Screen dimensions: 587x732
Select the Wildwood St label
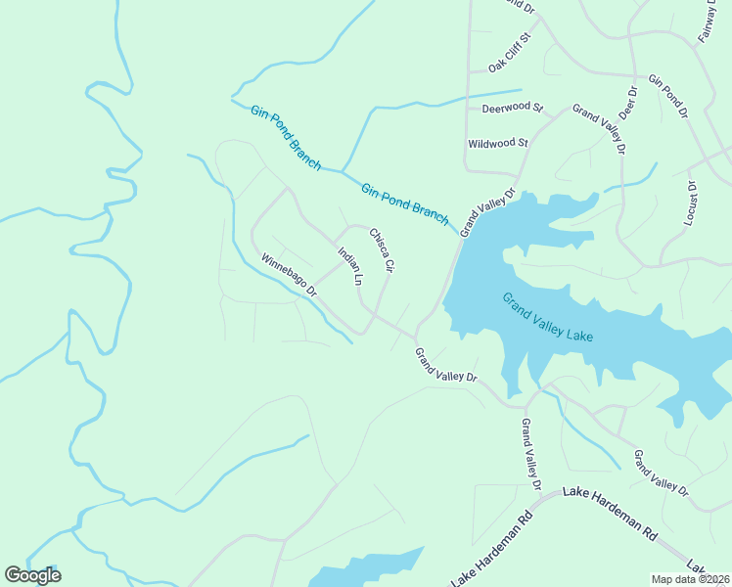tap(497, 143)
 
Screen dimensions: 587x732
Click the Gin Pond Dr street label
tap(668, 96)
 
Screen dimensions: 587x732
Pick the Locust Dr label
tap(691, 203)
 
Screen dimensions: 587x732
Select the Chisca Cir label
tap(381, 249)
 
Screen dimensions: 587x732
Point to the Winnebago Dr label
tap(289, 276)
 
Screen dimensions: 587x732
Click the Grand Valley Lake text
tap(548, 317)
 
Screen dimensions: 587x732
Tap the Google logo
tap(32, 575)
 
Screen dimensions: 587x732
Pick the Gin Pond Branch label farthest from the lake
tap(286, 138)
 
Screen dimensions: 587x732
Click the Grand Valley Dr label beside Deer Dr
tap(599, 128)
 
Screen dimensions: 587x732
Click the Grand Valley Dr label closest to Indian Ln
tap(445, 365)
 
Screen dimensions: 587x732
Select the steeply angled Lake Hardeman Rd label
tap(491, 550)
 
